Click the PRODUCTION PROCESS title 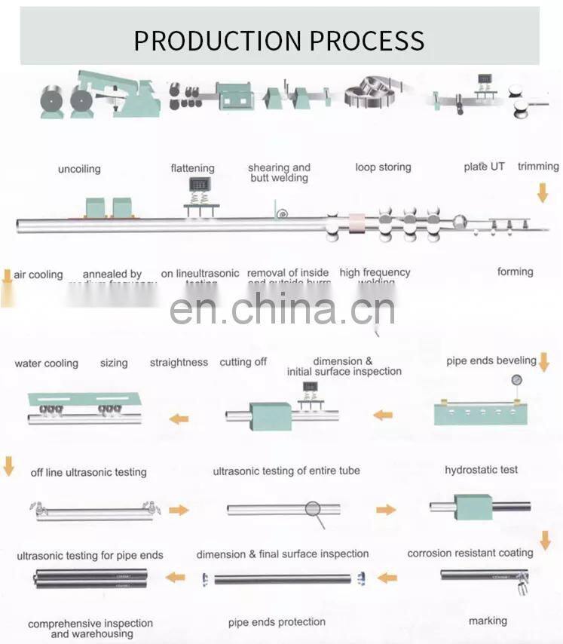[x=279, y=40]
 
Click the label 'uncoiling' [x=79, y=169]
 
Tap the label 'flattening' [x=192, y=168]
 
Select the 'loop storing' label [x=383, y=167]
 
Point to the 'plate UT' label [x=484, y=166]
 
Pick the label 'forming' [x=515, y=271]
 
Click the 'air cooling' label [x=38, y=274]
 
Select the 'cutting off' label [x=243, y=362]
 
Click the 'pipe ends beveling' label [x=491, y=360]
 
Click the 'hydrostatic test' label [x=481, y=470]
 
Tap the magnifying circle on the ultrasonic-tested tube [x=313, y=509]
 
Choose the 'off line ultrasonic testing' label [x=88, y=472]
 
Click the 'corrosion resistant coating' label [x=470, y=553]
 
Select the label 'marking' [x=488, y=621]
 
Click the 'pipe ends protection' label [x=277, y=622]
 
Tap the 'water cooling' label [x=46, y=363]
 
